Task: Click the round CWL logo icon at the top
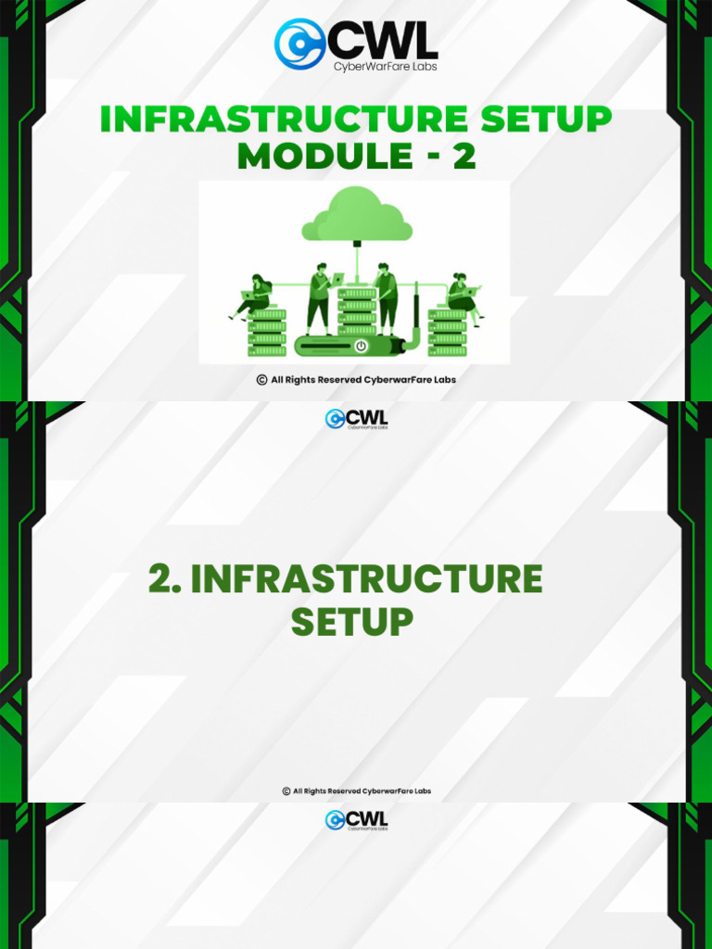299,44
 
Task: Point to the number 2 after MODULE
464,157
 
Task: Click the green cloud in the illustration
357,217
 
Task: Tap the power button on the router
361,346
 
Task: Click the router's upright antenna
415,310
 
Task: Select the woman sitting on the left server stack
254,296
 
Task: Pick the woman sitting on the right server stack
461,296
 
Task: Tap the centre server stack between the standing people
357,311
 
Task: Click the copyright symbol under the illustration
261,379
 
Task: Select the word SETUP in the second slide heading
351,621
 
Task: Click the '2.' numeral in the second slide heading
164,579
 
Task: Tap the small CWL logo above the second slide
356,419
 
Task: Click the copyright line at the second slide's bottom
357,791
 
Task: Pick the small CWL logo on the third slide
356,819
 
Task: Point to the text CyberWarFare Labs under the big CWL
385,66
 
